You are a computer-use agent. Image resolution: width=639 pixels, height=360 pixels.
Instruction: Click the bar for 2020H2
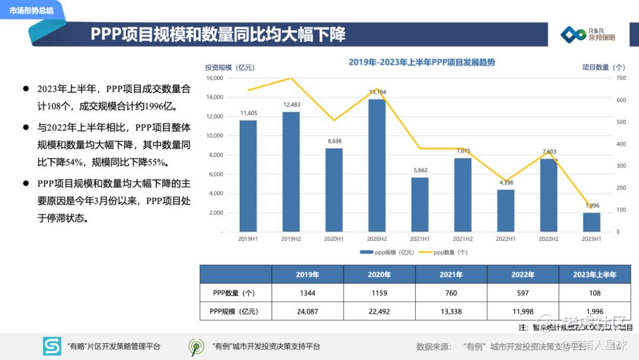(377, 165)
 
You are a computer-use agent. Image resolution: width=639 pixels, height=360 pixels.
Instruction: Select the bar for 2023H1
(592, 222)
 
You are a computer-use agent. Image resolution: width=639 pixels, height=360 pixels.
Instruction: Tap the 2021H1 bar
(419, 204)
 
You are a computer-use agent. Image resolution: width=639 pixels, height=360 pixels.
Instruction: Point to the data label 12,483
(291, 105)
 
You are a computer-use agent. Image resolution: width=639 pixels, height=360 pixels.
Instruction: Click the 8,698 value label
(334, 142)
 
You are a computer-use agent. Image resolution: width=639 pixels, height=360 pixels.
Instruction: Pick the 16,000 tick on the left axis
(214, 78)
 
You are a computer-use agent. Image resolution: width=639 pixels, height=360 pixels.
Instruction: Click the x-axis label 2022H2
(548, 239)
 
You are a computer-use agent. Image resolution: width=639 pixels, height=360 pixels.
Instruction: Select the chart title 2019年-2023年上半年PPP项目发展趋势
(421, 62)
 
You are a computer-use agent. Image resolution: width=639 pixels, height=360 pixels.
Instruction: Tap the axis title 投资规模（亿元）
(230, 67)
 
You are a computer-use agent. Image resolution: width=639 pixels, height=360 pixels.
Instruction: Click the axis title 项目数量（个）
(603, 67)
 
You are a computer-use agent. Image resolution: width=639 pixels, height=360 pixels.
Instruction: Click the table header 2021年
(451, 275)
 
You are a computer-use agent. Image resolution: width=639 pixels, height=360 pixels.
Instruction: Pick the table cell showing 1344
(307, 293)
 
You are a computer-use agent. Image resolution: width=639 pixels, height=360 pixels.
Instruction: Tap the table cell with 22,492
(379, 311)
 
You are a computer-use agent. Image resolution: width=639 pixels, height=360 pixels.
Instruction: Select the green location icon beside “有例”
(196, 346)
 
